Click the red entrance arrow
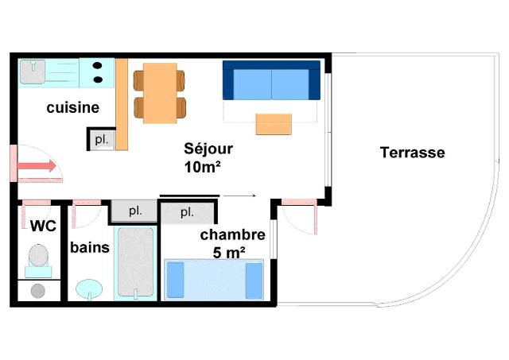[x=37, y=166]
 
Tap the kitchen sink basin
[x=33, y=72]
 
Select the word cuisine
[x=72, y=107]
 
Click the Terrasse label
[x=412, y=153]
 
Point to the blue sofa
[x=271, y=80]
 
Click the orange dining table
[x=160, y=93]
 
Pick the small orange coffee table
[x=274, y=124]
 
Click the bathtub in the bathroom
[x=135, y=263]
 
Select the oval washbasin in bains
[x=89, y=288]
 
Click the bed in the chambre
[x=214, y=279]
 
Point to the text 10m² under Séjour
[x=203, y=168]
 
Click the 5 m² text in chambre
[x=229, y=253]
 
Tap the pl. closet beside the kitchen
[x=102, y=140]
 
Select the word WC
[x=43, y=226]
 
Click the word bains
[x=90, y=247]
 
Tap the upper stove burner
[x=97, y=65]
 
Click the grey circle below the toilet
[x=38, y=291]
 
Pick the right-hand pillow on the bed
[x=254, y=281]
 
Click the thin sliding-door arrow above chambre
[x=239, y=195]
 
